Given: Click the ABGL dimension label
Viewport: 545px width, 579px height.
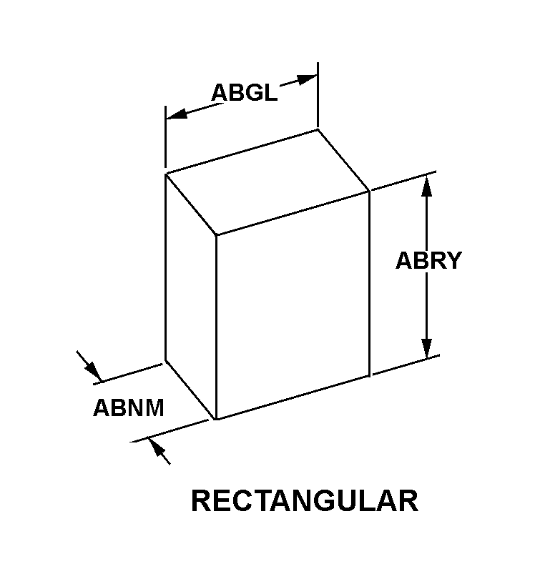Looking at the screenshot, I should point(244,92).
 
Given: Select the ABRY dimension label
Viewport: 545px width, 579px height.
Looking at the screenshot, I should point(428,261).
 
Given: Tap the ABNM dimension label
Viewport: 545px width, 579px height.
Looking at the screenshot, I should point(129,408).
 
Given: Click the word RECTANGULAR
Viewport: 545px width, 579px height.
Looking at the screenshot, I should point(305,501).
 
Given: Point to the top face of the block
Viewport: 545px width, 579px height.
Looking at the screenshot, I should point(267,182).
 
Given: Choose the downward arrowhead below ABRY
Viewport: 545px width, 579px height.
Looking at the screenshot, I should point(427,347).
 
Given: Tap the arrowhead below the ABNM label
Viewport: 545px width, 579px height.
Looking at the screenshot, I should point(158,451).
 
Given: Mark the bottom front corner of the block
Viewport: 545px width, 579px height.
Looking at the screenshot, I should point(216,419).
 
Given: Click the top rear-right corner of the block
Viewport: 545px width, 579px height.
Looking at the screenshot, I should point(318,129).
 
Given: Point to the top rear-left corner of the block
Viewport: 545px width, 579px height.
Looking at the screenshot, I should point(166,174).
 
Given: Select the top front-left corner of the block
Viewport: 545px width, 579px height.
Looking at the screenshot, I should point(216,234).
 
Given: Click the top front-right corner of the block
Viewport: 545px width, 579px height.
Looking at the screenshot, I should point(369,190).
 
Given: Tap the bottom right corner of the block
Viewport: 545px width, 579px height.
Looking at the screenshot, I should point(370,375).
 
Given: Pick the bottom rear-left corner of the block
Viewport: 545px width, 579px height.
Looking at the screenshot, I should point(166,360).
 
